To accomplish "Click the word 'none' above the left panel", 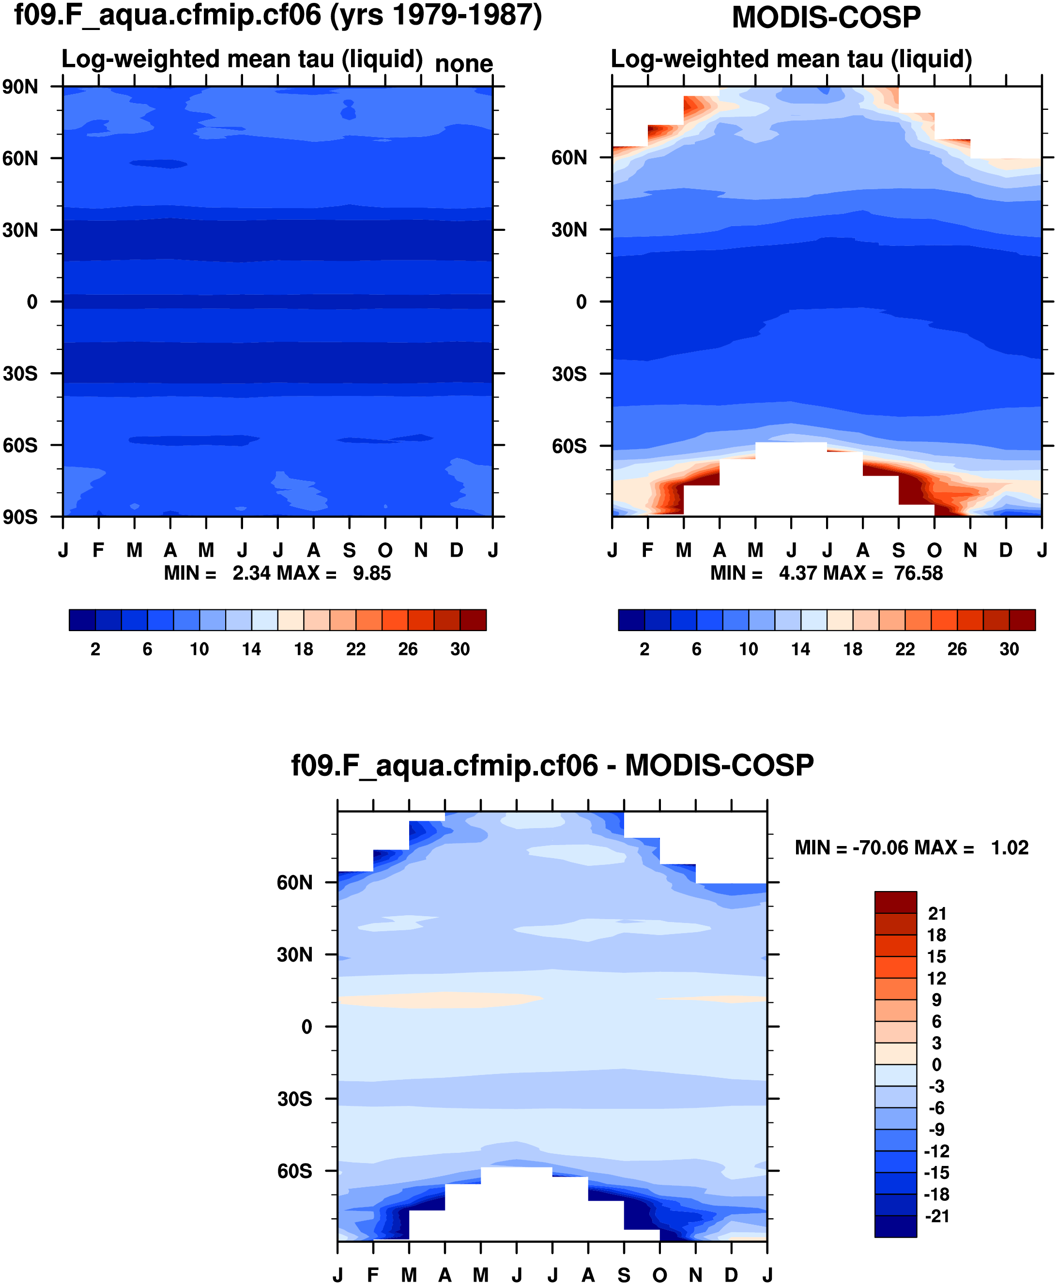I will point(463,63).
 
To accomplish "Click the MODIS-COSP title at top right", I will point(826,17).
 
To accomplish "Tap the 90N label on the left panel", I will point(19,87).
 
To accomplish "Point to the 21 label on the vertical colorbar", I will point(937,913).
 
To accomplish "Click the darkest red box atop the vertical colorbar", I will point(895,902).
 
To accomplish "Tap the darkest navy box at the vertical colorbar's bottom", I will point(895,1226).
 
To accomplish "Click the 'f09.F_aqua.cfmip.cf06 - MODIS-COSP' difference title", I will point(552,765).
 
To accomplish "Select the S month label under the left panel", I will point(349,551).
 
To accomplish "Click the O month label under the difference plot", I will point(659,1275).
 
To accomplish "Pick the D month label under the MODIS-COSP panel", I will point(1005,551).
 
